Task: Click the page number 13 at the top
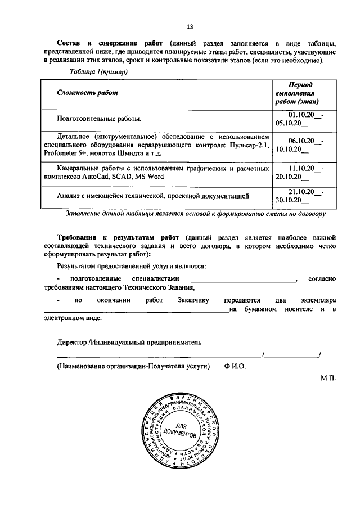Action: pos(190,26)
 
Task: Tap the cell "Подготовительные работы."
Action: pos(99,119)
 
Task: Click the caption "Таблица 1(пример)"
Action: pos(99,72)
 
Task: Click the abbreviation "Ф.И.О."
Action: pos(234,366)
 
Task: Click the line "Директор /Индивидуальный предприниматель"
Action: pos(129,342)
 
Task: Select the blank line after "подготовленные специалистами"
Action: pos(243,278)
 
